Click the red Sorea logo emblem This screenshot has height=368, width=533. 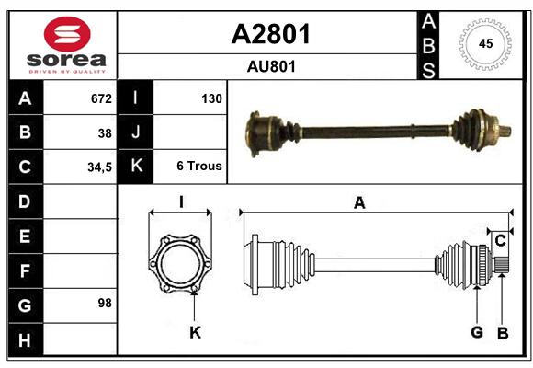pyautogui.click(x=67, y=34)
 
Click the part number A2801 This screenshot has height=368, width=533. pyautogui.click(x=271, y=34)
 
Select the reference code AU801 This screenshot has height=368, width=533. pyautogui.click(x=271, y=67)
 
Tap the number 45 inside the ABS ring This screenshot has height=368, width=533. pyautogui.click(x=485, y=43)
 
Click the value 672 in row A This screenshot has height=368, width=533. pyautogui.click(x=101, y=98)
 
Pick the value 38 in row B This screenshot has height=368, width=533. pyautogui.click(x=105, y=133)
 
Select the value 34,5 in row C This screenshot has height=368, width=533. pyautogui.click(x=99, y=167)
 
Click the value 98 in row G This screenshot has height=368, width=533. pyautogui.click(x=105, y=303)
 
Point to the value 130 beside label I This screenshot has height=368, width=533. pyautogui.click(x=211, y=98)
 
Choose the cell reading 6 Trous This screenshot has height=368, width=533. pyautogui.click(x=199, y=166)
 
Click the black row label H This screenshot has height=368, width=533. pyautogui.click(x=26, y=339)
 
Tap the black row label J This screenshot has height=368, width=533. pyautogui.click(x=135, y=132)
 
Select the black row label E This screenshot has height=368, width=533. pyautogui.click(x=26, y=236)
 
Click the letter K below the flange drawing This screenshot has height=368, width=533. pyautogui.click(x=195, y=332)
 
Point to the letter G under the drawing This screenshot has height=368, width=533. pyautogui.click(x=477, y=332)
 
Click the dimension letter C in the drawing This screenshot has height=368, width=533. pyautogui.click(x=500, y=241)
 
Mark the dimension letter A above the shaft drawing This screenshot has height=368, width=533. pyautogui.click(x=359, y=203)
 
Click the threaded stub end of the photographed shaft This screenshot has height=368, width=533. pyautogui.click(x=505, y=131)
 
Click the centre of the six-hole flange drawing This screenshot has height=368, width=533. pyautogui.click(x=180, y=264)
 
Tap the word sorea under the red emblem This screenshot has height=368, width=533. pyautogui.click(x=66, y=60)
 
